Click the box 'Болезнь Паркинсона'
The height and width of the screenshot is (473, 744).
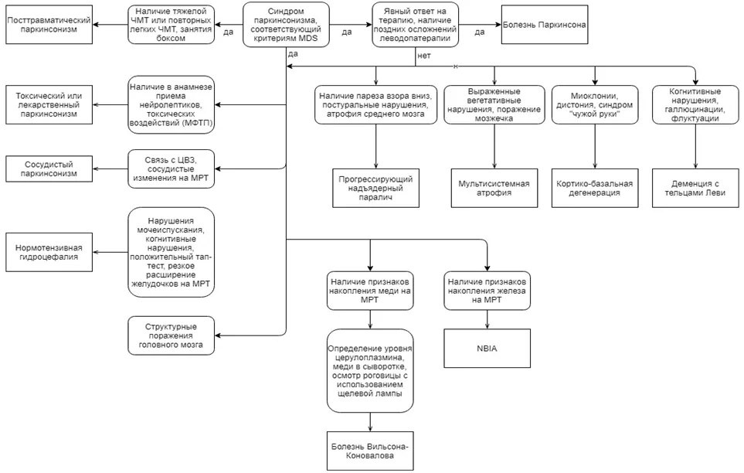544,25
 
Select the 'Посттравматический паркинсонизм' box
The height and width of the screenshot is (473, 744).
49,25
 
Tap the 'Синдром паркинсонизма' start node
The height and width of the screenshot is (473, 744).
286,25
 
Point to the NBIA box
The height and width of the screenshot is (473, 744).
487,348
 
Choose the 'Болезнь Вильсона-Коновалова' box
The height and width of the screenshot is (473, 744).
370,451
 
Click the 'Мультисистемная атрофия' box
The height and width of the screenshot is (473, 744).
494,188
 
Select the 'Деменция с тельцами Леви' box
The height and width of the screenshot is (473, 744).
695,188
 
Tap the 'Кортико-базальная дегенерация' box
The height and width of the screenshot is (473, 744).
595,188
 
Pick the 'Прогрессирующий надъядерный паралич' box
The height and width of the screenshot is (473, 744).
375,188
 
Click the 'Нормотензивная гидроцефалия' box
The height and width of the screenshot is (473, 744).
49,252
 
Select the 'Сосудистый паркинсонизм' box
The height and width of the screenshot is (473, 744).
49,169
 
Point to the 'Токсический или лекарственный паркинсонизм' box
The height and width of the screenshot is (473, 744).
49,105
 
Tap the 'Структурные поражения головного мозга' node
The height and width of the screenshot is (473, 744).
171,335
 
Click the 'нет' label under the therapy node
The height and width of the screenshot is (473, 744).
423,56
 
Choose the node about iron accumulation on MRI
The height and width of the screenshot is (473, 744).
487,291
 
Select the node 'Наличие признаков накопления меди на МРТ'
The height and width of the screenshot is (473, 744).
370,291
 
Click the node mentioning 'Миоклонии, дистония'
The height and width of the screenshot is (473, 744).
595,105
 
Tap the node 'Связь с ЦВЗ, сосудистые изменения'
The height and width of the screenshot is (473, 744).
171,169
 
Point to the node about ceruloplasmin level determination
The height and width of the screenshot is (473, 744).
370,370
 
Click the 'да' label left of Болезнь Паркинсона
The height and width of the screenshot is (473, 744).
480,32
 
